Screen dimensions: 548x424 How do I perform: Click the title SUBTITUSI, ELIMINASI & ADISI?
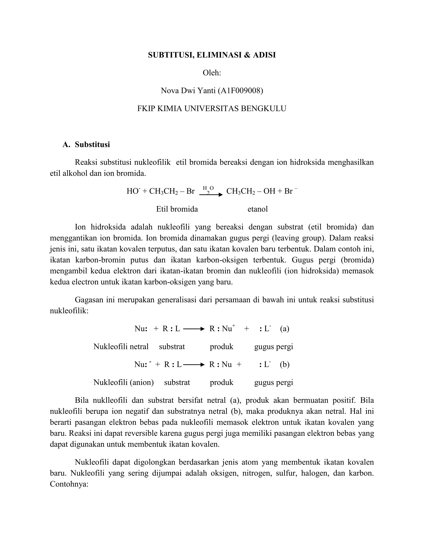tap(212, 55)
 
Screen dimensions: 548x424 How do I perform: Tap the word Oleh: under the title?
tap(212, 73)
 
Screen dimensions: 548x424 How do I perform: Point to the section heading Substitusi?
tap(92, 145)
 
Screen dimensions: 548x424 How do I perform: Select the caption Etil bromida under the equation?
tap(177, 209)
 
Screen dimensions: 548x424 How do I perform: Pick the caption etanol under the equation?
tap(258, 209)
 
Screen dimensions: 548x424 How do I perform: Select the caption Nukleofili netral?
tap(121, 347)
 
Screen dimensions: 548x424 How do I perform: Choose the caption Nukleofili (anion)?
tap(124, 382)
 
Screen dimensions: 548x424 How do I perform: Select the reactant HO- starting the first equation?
tap(133, 191)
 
